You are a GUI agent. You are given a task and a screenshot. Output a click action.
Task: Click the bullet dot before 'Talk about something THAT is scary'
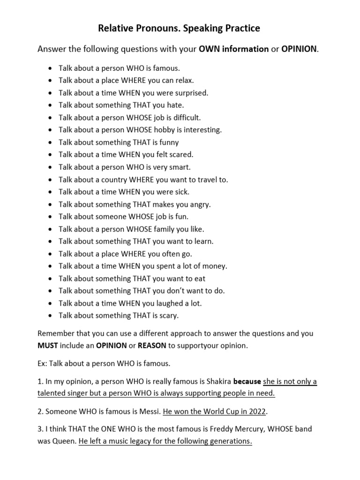(50, 316)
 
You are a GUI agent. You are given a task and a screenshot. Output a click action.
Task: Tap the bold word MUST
(47, 345)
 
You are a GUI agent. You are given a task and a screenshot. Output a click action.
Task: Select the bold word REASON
(151, 345)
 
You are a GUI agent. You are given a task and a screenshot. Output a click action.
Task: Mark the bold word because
(247, 382)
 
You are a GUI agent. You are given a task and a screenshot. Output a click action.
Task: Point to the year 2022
(255, 412)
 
